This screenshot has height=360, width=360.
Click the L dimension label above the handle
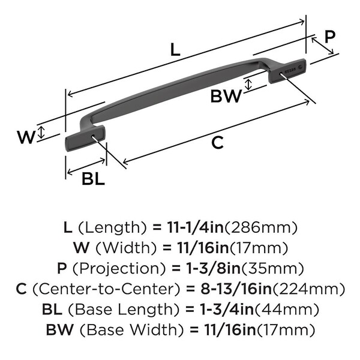tap(174, 50)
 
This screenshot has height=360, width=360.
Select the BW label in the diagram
tap(226, 96)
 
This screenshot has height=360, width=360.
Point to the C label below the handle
tap(218, 143)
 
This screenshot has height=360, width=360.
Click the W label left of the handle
tap(26, 137)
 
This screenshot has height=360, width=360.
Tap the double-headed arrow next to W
tap(40, 133)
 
